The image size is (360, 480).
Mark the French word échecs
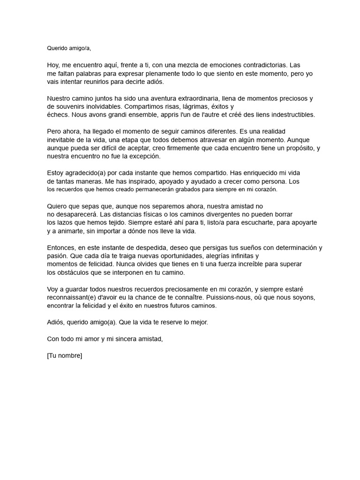[59, 114]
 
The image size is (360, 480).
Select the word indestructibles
[288, 114]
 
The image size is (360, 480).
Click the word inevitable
[64, 140]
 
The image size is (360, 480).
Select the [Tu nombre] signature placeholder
[65, 355]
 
